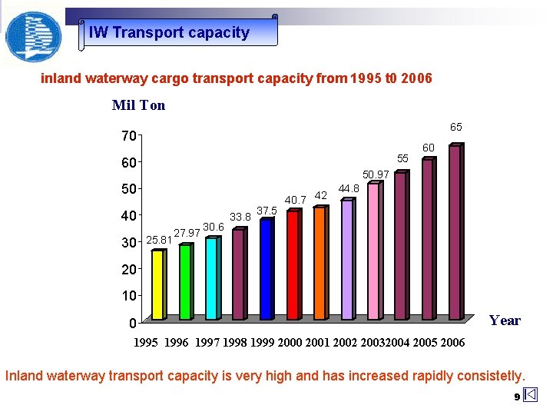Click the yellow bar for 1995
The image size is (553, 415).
pos(157,284)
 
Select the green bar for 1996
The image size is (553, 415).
pos(185,281)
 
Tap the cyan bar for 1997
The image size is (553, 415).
pos(211,278)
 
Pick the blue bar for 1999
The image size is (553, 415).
pos(266,269)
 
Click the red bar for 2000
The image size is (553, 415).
pos(293,264)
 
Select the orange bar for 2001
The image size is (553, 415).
pos(320,263)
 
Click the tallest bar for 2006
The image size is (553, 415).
pos(455,232)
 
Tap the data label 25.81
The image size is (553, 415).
pos(158,241)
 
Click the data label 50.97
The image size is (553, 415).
pos(376,174)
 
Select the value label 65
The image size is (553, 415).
pos(455,127)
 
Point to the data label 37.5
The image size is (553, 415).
pos(267,211)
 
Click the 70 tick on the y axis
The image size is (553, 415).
pos(127,136)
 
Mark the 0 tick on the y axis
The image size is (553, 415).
pos(132,323)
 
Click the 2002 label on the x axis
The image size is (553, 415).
pos(347,342)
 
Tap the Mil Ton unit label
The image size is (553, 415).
pos(138,105)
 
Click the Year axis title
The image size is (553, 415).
pos(505,320)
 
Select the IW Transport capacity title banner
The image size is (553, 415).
pos(178,32)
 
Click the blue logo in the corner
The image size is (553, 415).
pos(32,35)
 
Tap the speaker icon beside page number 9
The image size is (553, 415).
pos(531,396)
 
